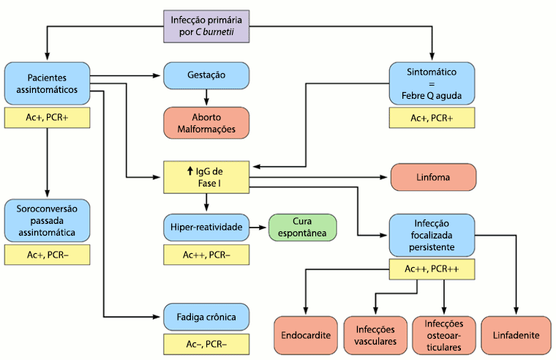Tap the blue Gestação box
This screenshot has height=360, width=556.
pos(206,75)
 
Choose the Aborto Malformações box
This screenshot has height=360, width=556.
pos(206,123)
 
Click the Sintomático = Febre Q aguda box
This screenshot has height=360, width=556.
pos(432,83)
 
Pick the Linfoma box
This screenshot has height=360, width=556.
pos(434,178)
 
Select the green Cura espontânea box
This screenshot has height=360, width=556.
pos(302,227)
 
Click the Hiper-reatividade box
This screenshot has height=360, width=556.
pos(206,227)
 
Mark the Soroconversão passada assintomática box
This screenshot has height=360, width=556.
pos(47,220)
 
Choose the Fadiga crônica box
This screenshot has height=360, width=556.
pos(206,317)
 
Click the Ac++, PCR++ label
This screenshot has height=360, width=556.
pos(432,270)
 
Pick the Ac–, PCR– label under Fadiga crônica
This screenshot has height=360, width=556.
pos(206,344)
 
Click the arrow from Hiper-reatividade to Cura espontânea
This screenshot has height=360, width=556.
pos(259,227)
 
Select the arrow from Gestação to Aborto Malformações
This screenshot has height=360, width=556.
pos(206,97)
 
